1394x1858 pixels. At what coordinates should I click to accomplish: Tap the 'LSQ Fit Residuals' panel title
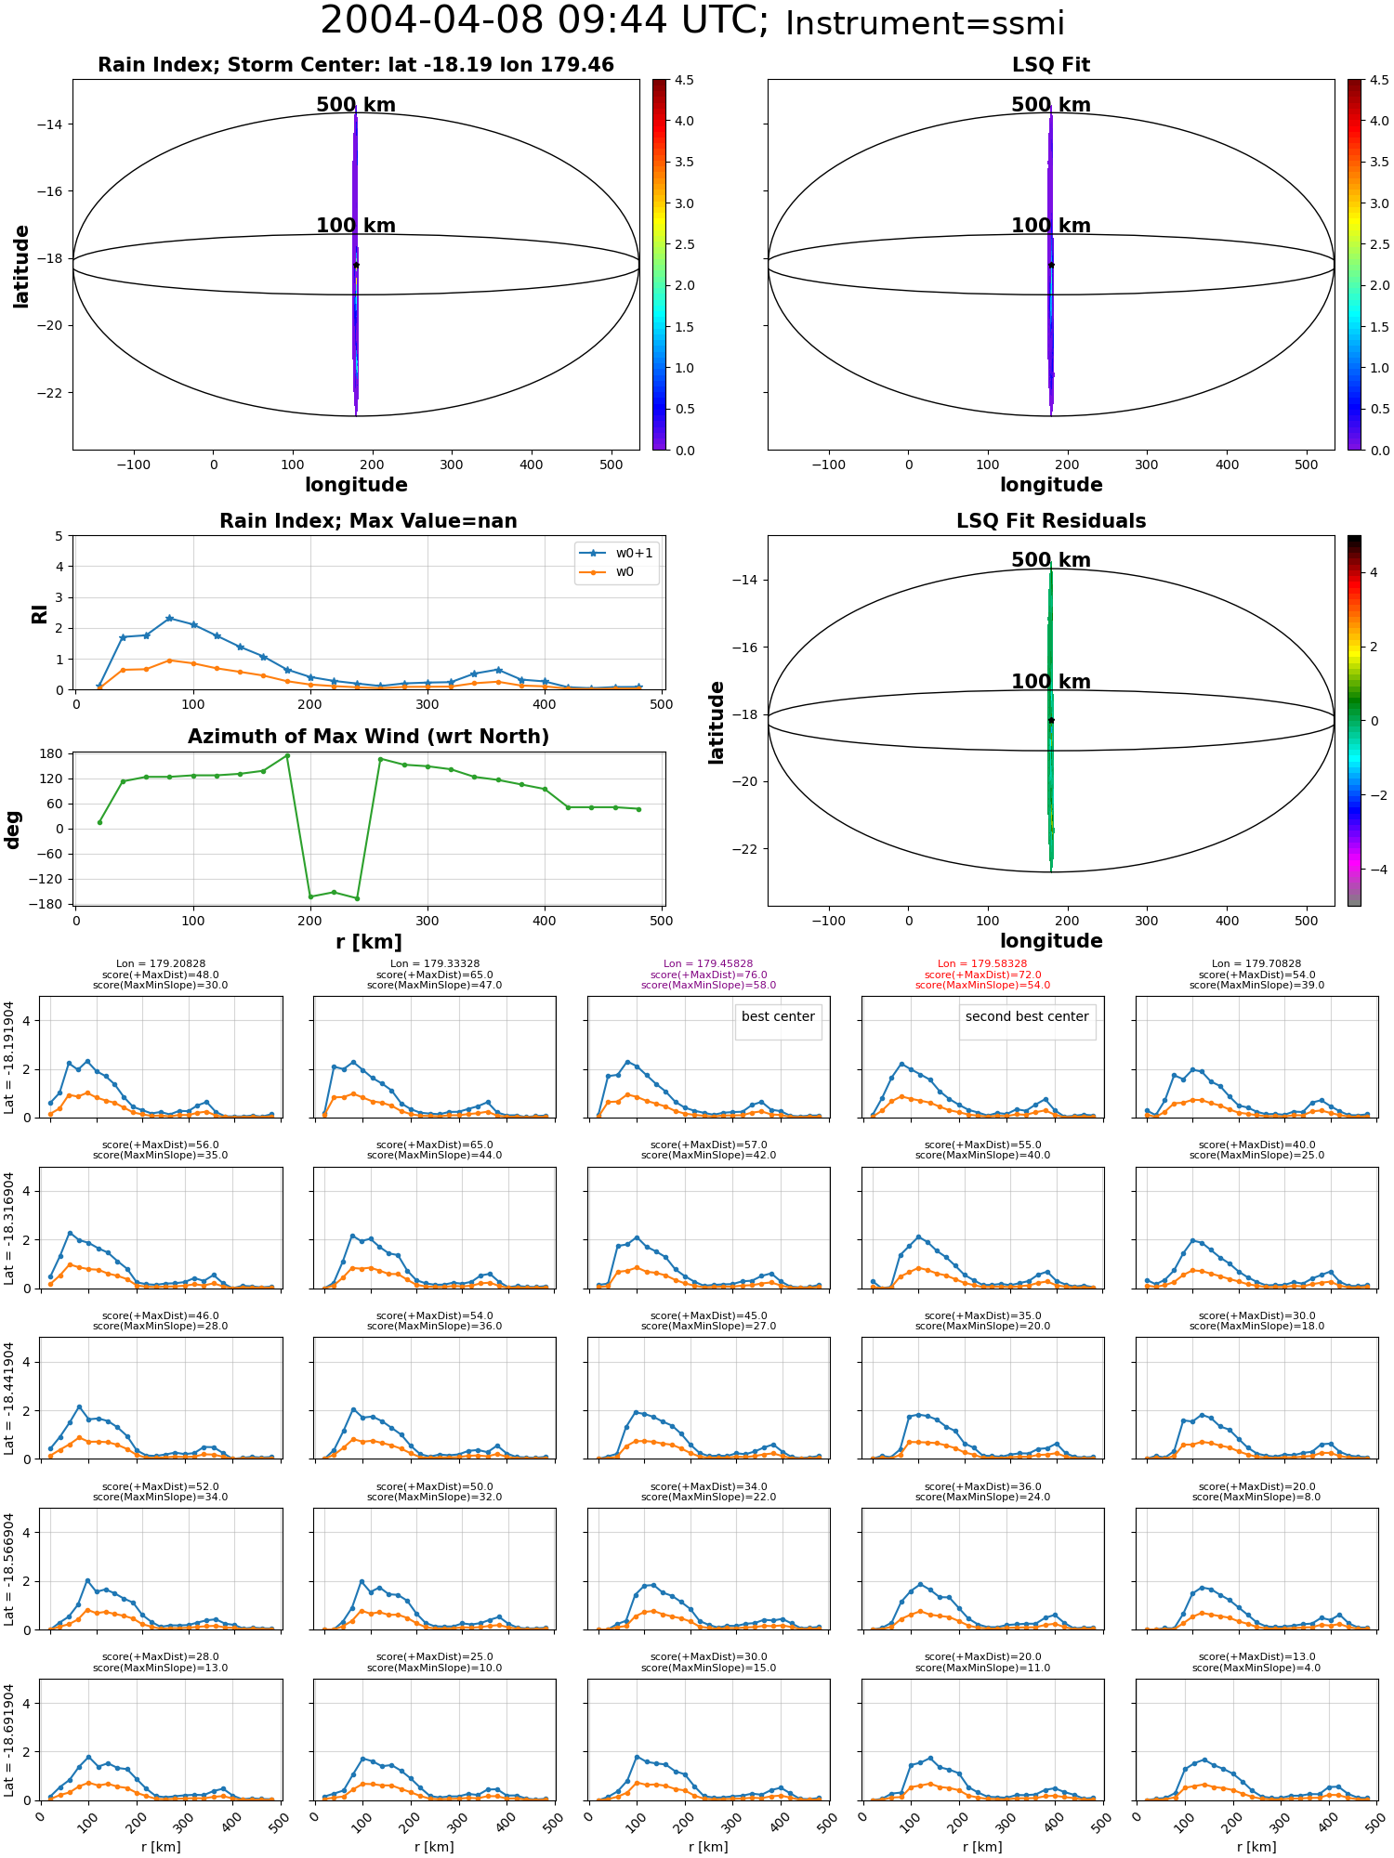pos(1051,521)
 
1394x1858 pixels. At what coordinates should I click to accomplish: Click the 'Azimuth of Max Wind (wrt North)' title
pos(368,737)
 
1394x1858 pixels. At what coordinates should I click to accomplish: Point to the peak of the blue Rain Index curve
pos(169,618)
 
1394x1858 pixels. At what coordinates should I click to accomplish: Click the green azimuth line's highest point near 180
pos(287,755)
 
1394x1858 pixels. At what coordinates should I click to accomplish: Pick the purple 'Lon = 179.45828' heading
pos(708,964)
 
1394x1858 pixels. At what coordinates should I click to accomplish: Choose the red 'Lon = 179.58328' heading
pos(982,964)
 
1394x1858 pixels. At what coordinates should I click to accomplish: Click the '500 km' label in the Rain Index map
pos(356,105)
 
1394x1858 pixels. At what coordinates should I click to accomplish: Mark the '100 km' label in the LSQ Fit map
pos(1051,226)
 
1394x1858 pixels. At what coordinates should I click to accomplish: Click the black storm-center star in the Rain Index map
pos(356,265)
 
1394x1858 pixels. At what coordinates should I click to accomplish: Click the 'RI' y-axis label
pos(40,613)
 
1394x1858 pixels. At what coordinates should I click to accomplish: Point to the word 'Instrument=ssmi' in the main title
pos(925,24)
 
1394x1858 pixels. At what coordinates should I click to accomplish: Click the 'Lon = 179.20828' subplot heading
pos(161,964)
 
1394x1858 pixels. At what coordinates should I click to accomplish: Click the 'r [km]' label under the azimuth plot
pos(368,942)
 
